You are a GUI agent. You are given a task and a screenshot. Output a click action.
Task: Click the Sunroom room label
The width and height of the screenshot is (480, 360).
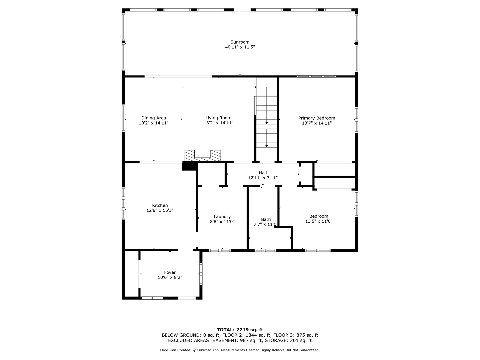[x=240, y=42]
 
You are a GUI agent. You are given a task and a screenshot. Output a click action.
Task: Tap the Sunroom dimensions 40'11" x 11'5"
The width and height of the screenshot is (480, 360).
[x=240, y=47]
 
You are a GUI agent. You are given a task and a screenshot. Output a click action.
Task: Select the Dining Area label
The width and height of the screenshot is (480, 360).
[x=154, y=118]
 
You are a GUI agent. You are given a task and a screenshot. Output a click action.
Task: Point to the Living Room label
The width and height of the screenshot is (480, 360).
[x=218, y=118]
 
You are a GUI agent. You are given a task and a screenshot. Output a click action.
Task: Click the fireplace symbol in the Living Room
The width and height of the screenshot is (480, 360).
[x=203, y=156]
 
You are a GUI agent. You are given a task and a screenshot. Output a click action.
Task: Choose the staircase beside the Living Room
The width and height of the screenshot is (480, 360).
[x=266, y=121]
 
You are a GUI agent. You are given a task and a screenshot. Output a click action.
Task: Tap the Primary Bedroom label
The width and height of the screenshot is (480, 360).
[x=317, y=118]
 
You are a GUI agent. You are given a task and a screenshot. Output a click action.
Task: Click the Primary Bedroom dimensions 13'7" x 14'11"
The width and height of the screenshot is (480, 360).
[x=317, y=123]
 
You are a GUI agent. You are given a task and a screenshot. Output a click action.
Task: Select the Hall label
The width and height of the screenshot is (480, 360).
[x=263, y=173]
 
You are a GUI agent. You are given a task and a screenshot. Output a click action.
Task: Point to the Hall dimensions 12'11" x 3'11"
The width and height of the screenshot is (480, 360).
[x=263, y=178]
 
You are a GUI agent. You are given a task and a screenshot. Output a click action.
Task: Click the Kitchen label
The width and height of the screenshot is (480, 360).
[x=160, y=205]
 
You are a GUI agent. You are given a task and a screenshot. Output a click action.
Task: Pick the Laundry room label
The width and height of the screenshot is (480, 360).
[x=222, y=217]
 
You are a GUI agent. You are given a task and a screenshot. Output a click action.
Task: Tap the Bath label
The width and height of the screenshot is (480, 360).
[x=266, y=219]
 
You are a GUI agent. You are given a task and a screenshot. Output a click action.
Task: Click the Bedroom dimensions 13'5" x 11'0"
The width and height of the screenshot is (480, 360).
[x=319, y=221]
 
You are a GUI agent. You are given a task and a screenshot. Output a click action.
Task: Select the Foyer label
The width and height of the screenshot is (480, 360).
[x=170, y=273]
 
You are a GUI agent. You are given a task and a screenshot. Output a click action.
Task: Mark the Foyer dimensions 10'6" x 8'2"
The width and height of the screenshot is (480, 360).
[x=170, y=278]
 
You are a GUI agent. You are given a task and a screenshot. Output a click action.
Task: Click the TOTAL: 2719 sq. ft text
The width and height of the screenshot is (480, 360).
[x=240, y=330]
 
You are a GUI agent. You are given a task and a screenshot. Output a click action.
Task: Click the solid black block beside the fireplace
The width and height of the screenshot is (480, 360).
[x=190, y=166]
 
